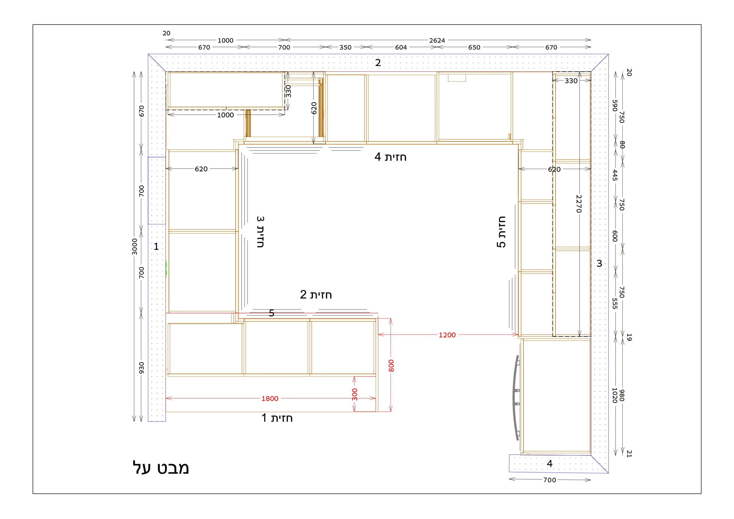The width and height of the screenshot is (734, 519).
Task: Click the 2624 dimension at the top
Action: (x=437, y=40)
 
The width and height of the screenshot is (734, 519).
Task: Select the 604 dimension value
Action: (x=401, y=47)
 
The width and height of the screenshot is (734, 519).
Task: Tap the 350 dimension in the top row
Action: (x=345, y=47)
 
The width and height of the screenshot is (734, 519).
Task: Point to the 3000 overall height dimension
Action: (x=134, y=246)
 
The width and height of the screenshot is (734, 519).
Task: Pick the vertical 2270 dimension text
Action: (x=579, y=204)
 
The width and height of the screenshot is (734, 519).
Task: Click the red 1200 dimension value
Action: (x=447, y=335)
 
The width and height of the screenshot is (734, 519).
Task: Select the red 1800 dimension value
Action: (x=270, y=399)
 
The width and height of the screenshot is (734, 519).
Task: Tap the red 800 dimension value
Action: (x=391, y=366)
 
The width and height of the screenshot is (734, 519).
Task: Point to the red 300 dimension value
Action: (x=355, y=394)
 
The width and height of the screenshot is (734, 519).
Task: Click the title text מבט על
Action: (x=161, y=468)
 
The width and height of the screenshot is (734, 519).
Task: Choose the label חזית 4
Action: (x=390, y=157)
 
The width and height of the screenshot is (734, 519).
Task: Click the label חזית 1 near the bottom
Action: (x=277, y=418)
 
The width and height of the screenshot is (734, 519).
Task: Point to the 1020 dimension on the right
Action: (x=614, y=395)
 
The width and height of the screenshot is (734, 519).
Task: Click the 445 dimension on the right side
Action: (x=615, y=175)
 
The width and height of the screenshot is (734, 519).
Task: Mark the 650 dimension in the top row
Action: (x=474, y=47)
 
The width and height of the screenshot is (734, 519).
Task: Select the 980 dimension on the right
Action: (x=622, y=395)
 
